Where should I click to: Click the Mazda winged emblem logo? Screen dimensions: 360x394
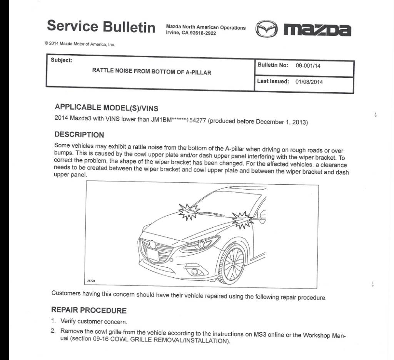pos(267,29)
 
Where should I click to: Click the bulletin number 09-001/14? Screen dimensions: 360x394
pos(308,66)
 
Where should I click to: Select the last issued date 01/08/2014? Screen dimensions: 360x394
pos(309,82)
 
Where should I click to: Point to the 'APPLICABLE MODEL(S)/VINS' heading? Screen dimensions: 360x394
pos(106,108)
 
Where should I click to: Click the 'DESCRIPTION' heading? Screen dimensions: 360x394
pos(79,135)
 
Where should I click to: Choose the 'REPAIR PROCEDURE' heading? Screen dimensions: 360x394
pos(88,310)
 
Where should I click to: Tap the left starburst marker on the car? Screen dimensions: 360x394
pos(189,210)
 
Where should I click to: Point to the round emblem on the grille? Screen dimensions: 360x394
pos(153,244)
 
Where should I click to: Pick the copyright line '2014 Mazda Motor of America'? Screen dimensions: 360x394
pos(80,44)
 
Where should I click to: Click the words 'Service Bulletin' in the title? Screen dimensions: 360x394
pos(101,26)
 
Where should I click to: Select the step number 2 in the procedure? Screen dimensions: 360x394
pos(53,331)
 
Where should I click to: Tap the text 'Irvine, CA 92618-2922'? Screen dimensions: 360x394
pos(191,33)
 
